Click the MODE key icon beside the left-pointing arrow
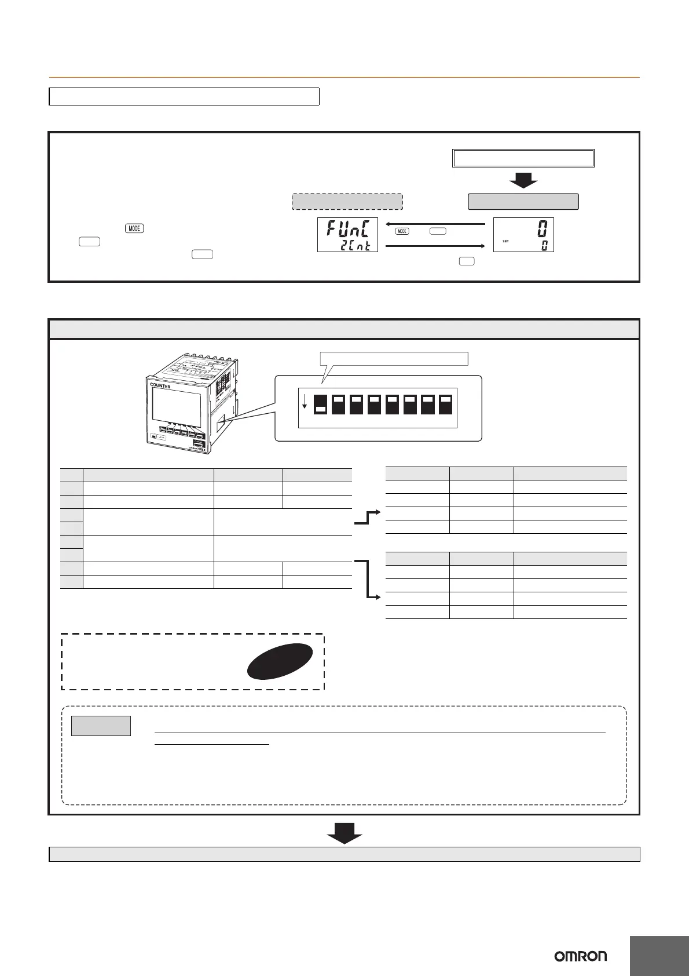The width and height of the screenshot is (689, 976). pyautogui.click(x=402, y=231)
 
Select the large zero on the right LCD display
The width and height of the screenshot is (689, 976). pyautogui.click(x=541, y=228)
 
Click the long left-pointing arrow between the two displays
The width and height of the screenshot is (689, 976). pyautogui.click(x=435, y=224)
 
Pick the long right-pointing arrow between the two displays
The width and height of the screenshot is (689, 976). pyautogui.click(x=435, y=246)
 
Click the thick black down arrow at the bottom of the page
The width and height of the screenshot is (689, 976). pyautogui.click(x=345, y=835)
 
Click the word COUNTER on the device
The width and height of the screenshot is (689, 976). pyautogui.click(x=160, y=385)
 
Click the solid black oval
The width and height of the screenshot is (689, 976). pyautogui.click(x=280, y=661)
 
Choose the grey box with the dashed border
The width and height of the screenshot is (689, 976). pyautogui.click(x=347, y=202)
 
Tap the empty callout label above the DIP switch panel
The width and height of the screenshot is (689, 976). pyautogui.click(x=394, y=359)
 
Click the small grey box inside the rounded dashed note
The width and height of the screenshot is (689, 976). pyautogui.click(x=101, y=726)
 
